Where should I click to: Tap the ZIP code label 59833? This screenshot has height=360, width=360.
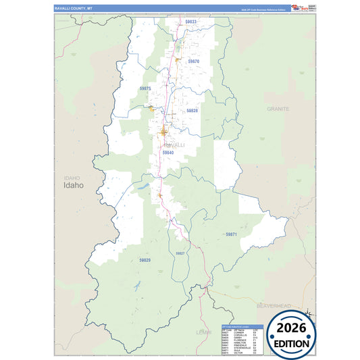coord(191,22)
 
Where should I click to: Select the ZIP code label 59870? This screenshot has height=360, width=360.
coord(194,61)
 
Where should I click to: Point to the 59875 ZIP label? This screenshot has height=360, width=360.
coord(145,88)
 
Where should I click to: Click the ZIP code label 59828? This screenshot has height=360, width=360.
coord(192,110)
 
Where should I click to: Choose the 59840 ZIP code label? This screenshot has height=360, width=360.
coord(168,153)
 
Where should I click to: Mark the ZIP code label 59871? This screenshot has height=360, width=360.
coord(231,234)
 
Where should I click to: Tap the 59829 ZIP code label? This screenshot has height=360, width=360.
coord(145,260)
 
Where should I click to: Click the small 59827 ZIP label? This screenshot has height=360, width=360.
coord(180,253)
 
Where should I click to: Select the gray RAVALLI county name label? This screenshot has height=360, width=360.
coord(174,145)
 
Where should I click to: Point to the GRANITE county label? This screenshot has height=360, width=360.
coord(278,109)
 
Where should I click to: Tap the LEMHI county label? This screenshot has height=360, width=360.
coord(203,332)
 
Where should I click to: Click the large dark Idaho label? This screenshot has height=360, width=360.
coord(74,185)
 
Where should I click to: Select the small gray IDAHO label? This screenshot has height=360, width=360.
coord(72,177)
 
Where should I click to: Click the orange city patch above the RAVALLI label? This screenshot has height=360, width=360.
coord(164,131)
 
